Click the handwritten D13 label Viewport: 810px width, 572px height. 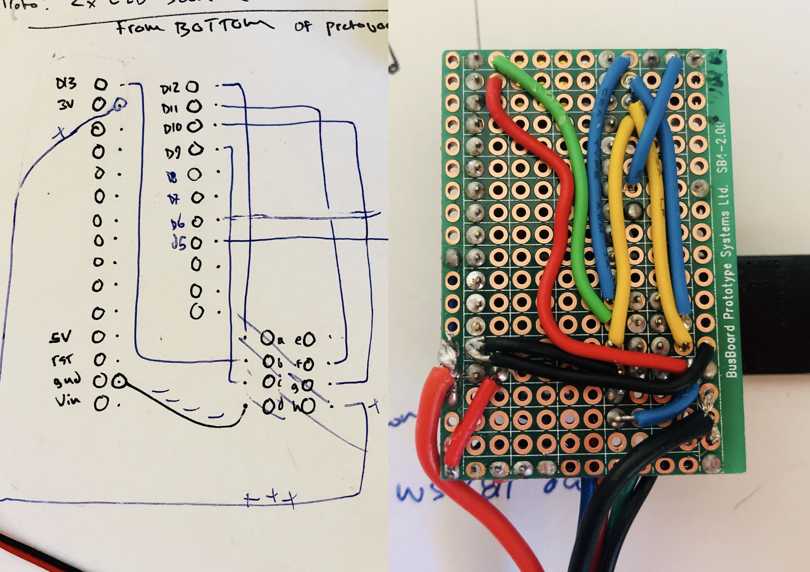(66, 84)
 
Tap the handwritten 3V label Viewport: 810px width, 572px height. (66, 104)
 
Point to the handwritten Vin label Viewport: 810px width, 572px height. (68, 401)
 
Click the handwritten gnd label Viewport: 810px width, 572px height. (67, 380)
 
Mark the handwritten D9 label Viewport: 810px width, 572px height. (173, 152)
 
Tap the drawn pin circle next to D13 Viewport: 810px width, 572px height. (101, 84)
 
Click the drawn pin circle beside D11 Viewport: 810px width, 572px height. (194, 107)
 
